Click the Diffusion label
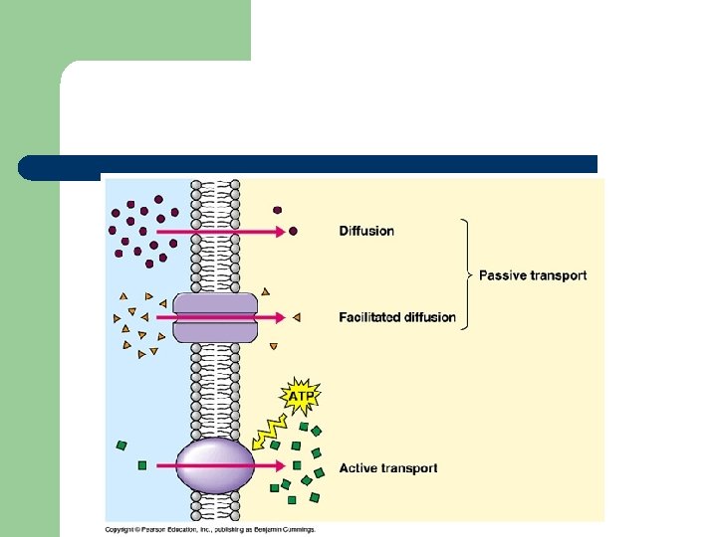[x=366, y=231]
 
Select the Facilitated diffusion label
[x=397, y=317]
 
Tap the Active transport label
[x=388, y=467]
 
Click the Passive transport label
[x=533, y=275]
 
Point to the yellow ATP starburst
[x=301, y=397]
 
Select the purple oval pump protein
[x=215, y=465]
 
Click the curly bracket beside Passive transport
[x=467, y=274]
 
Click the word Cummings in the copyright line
[x=296, y=529]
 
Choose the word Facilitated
[x=369, y=317]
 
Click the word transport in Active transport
[x=409, y=467]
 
